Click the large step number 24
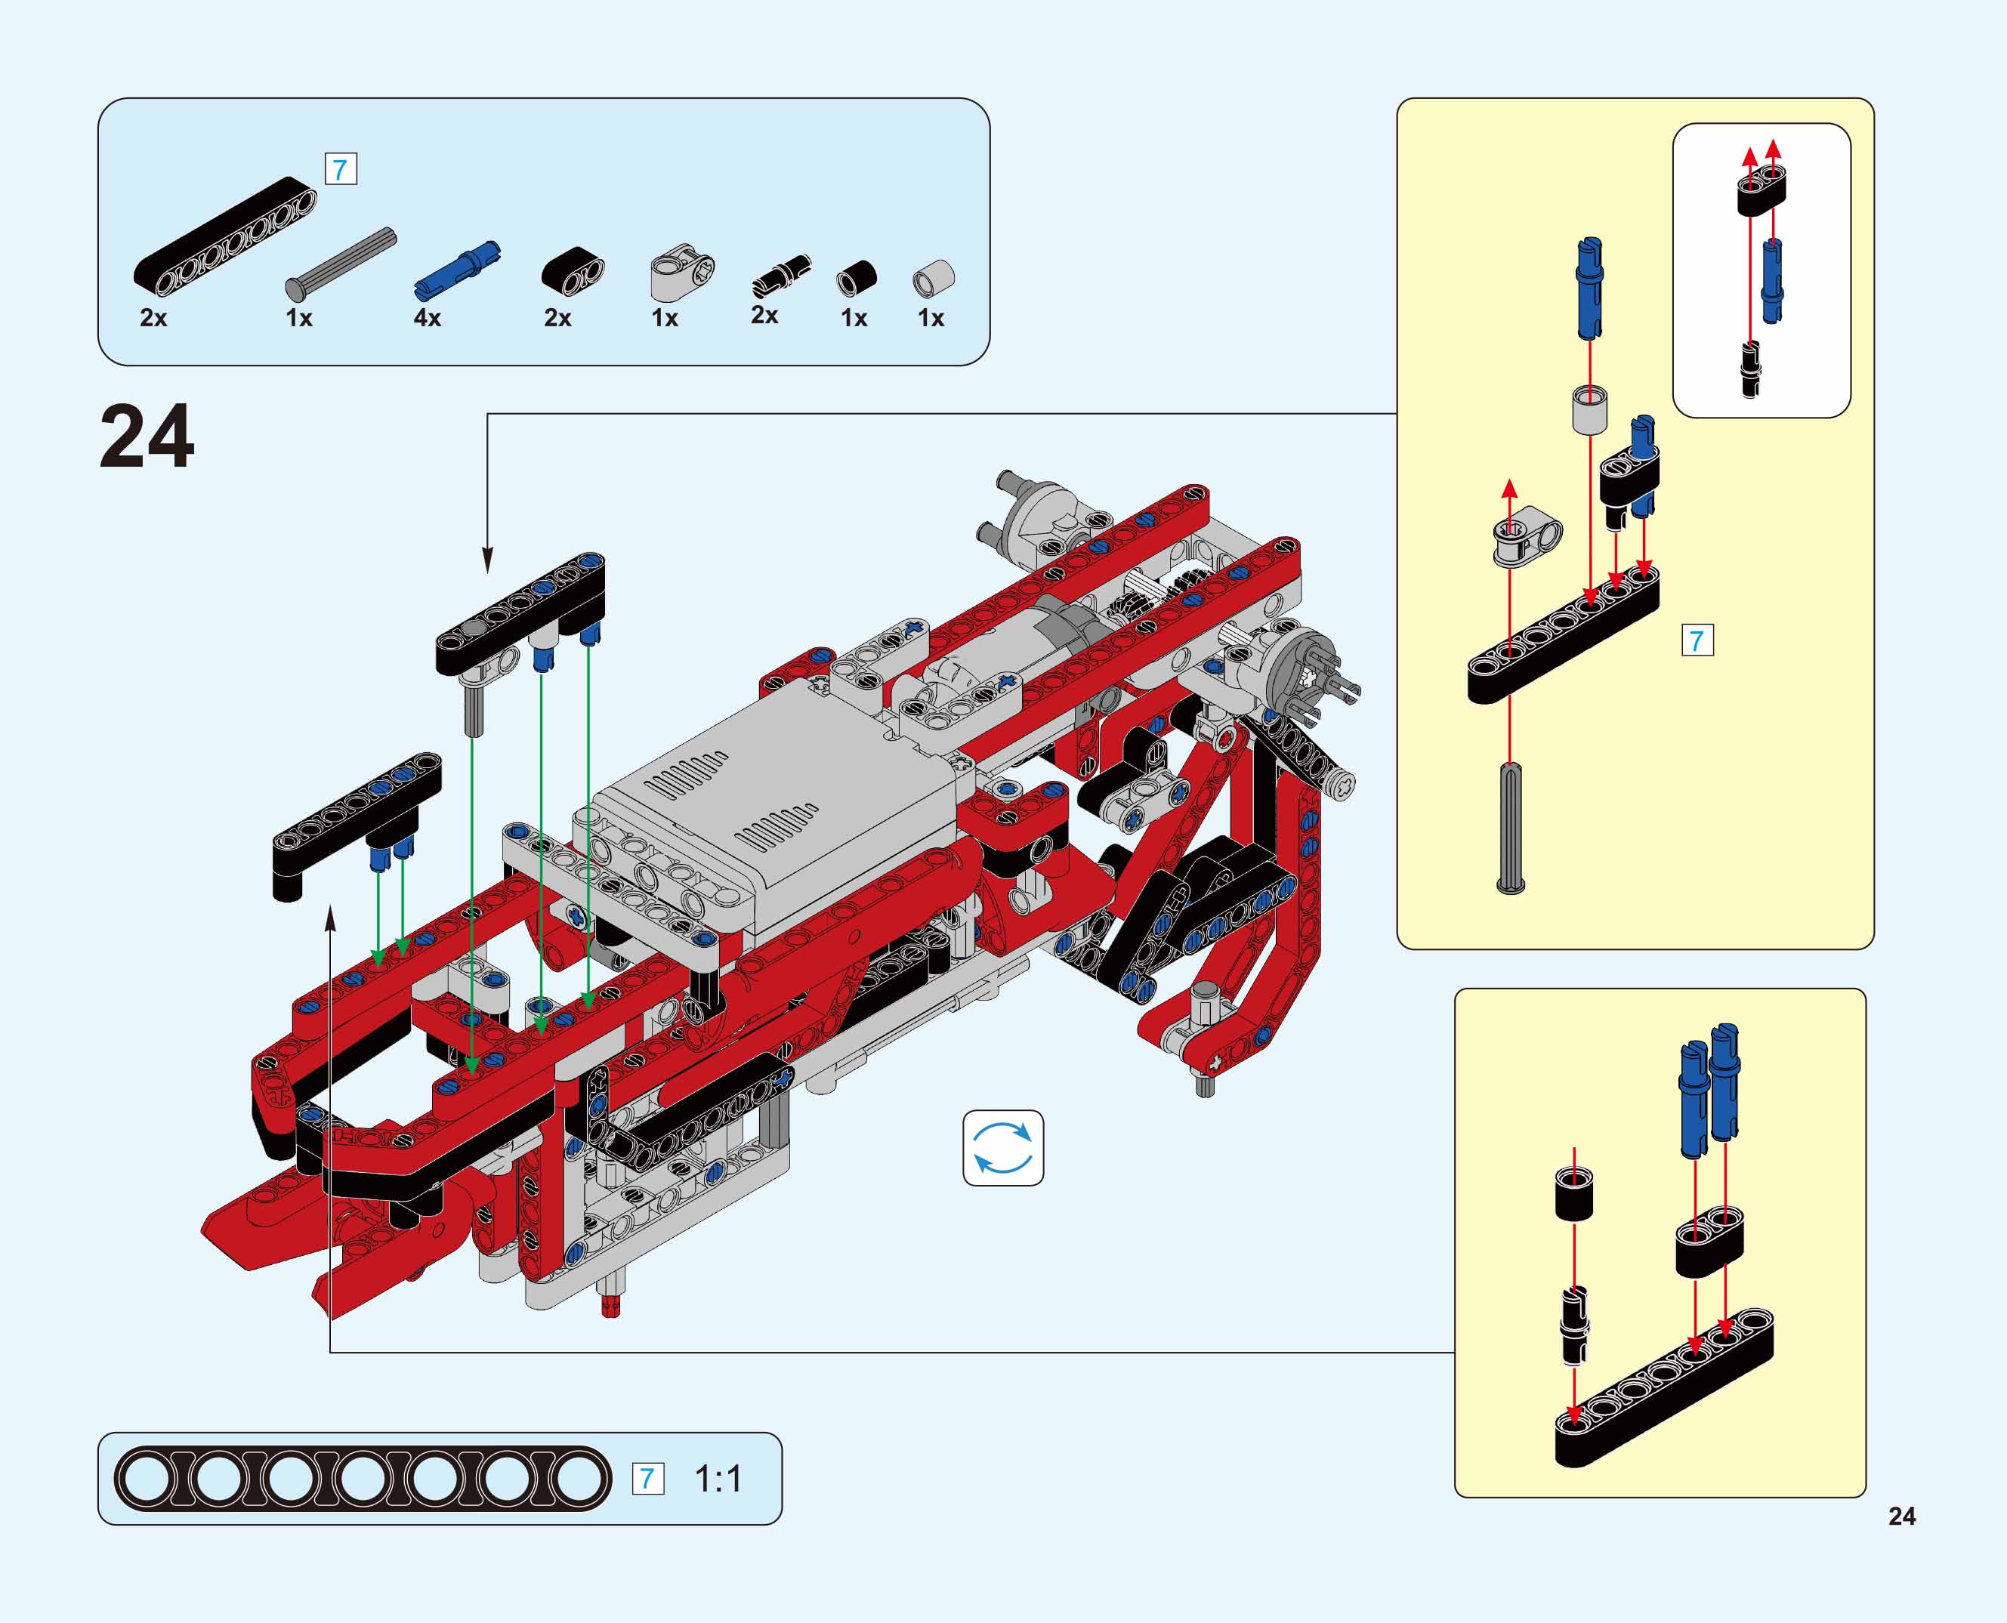coord(147,436)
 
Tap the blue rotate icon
coord(1002,1147)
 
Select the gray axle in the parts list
coord(341,263)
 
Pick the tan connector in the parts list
coord(683,272)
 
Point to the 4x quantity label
coord(428,318)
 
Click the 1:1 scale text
coord(718,1478)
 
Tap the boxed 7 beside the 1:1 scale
coord(647,1478)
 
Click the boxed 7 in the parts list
coord(341,169)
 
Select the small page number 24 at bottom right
coord(1901,1516)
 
